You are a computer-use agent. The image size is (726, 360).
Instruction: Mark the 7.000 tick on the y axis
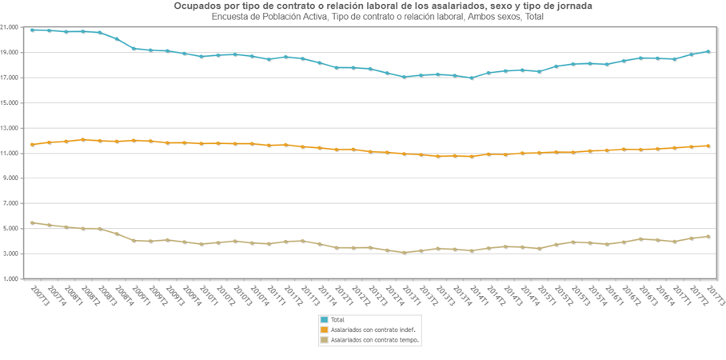(11, 204)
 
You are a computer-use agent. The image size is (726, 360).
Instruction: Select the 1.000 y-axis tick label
(11, 279)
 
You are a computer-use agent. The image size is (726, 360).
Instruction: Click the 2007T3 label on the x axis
(37, 294)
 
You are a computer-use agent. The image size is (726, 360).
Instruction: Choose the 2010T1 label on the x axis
(206, 294)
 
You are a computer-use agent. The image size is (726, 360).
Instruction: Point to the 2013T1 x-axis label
(410, 294)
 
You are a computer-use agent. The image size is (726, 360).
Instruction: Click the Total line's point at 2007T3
(32, 30)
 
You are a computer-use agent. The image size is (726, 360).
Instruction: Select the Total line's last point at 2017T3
(708, 51)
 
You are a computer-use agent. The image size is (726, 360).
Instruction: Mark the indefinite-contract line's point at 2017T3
(708, 146)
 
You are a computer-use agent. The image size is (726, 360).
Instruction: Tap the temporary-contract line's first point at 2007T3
(32, 222)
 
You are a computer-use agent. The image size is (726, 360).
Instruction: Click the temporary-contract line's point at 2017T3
(708, 236)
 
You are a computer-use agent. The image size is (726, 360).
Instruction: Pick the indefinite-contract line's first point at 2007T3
(32, 145)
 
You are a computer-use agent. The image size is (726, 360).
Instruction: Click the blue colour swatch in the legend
(325, 319)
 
